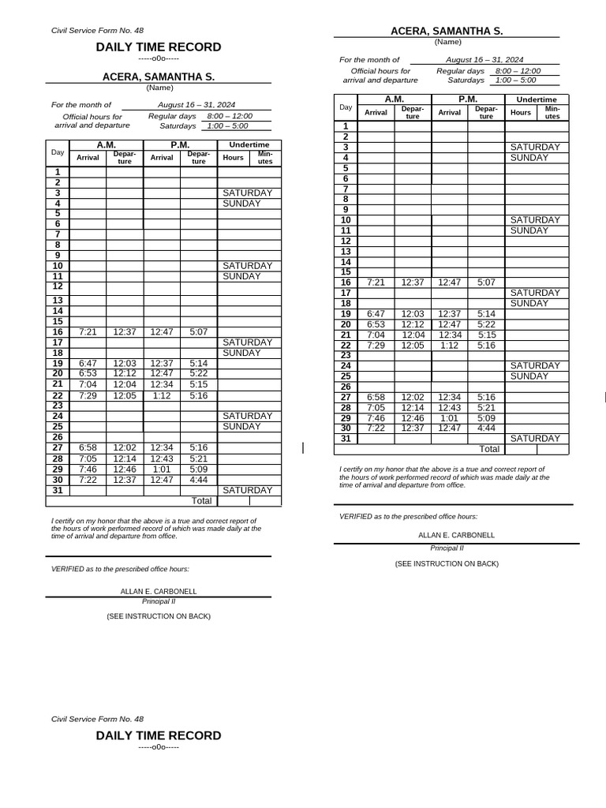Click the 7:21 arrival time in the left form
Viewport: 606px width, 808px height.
tap(88, 332)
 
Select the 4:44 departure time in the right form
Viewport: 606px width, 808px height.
tap(486, 428)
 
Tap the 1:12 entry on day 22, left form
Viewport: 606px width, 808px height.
tap(162, 395)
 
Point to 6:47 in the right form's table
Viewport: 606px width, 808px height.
tap(376, 313)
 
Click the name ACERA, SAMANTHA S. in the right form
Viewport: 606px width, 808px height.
tap(447, 31)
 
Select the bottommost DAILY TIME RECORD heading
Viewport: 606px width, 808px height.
tap(159, 735)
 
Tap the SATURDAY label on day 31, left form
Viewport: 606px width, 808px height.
tap(247, 490)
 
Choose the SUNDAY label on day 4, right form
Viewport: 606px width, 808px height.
tap(529, 158)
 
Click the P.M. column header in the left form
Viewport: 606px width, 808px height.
tap(180, 145)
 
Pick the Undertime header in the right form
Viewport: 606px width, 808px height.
tap(536, 99)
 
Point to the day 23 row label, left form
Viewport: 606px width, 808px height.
tap(58, 405)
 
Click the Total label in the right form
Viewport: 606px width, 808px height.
tap(489, 449)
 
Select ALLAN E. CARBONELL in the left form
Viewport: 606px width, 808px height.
tap(159, 591)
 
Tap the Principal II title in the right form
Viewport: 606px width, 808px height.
tap(447, 547)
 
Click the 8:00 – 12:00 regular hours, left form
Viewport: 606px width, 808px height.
tap(230, 116)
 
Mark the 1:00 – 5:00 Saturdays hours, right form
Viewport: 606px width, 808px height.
tap(515, 80)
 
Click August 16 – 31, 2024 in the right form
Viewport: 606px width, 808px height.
tap(484, 59)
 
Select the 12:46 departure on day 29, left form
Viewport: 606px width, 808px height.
tap(125, 469)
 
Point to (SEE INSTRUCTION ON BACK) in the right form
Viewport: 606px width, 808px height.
tap(447, 563)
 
